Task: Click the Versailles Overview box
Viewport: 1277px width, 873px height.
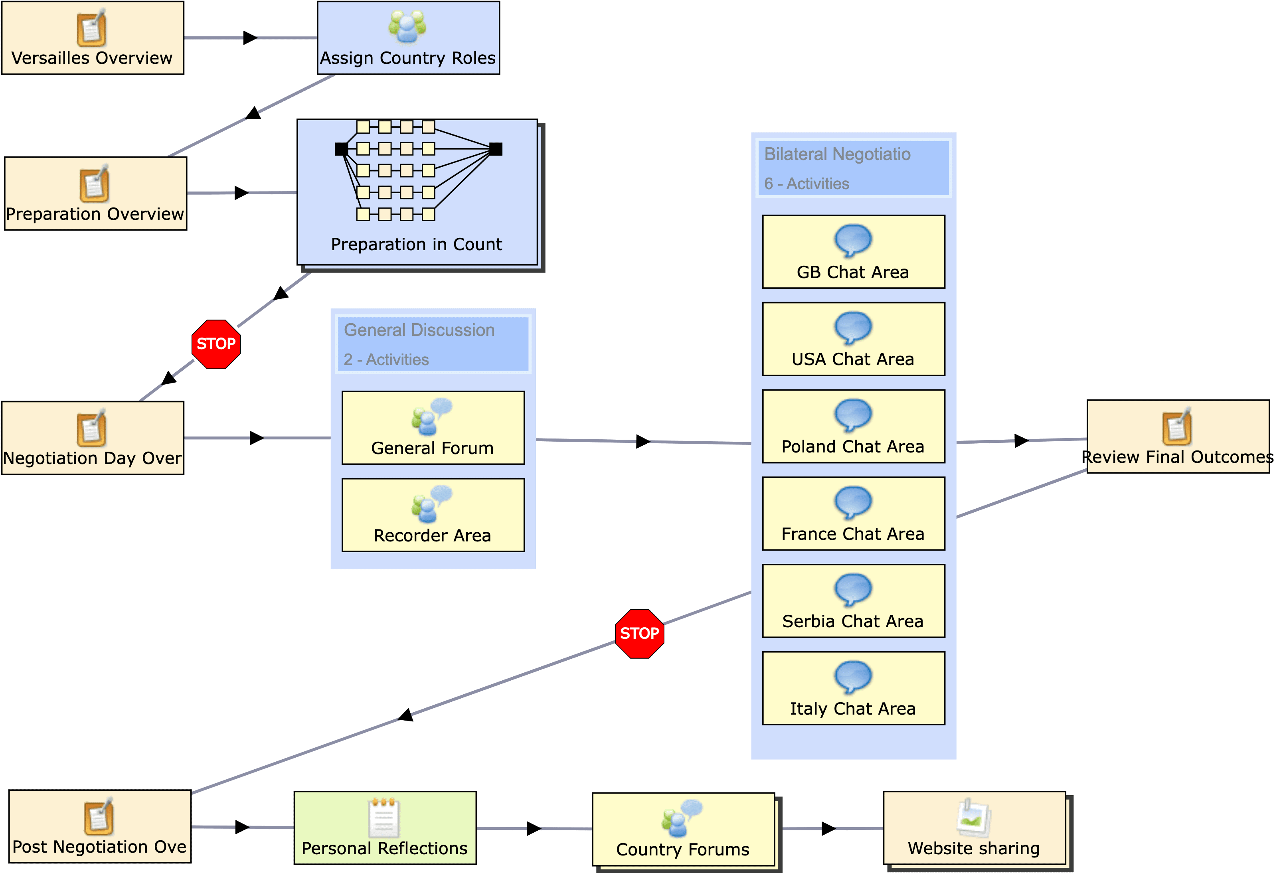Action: coord(92,38)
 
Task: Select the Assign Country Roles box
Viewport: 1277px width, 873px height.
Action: coord(408,38)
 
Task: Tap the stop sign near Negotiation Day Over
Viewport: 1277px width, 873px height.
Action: coord(216,344)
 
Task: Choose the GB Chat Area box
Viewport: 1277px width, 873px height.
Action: coord(853,252)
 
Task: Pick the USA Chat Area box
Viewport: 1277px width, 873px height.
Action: coord(853,339)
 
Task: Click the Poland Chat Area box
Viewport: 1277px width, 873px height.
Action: coord(853,427)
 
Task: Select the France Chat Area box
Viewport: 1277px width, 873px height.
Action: coord(853,514)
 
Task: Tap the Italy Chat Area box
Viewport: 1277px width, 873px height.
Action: coord(853,688)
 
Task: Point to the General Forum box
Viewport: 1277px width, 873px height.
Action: coord(433,427)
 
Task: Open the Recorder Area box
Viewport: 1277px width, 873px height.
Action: coord(433,515)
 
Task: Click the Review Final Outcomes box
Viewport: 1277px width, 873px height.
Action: coord(1178,437)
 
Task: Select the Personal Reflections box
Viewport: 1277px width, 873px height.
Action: coord(385,828)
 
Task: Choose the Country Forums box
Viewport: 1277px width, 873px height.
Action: coord(683,830)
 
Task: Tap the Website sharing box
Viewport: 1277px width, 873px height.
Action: coord(974,828)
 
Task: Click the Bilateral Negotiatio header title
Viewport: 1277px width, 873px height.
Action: coord(837,154)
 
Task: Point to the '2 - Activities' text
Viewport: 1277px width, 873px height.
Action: coord(386,360)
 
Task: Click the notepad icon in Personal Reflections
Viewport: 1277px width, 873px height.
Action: coord(383,817)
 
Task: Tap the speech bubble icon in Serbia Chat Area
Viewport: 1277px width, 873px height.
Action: coord(853,589)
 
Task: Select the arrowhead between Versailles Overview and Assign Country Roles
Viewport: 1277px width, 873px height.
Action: coord(250,38)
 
